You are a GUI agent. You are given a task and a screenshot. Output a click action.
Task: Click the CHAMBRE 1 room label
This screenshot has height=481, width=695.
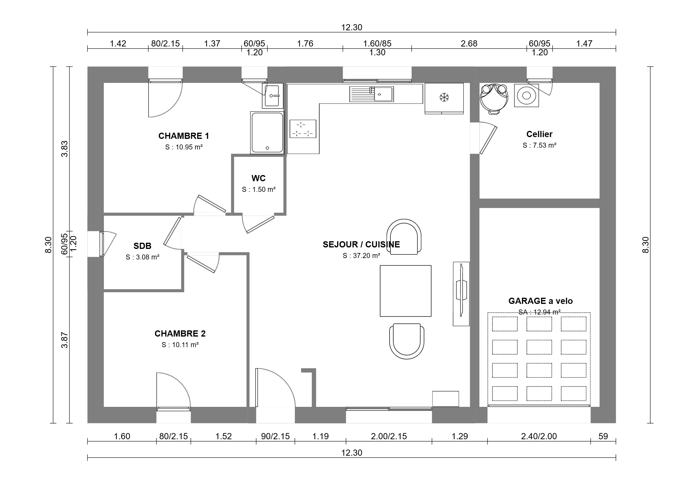(x=184, y=136)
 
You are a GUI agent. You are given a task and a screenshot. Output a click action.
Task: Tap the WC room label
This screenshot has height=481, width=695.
(x=259, y=178)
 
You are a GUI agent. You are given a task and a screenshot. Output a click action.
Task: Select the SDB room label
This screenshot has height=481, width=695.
(x=142, y=246)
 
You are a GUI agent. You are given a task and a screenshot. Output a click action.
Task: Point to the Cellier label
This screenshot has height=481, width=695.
(x=539, y=134)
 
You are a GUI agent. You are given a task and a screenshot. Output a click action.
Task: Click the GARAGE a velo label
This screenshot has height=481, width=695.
(x=541, y=301)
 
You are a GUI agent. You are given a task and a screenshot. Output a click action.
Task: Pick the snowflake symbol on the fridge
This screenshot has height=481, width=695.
(x=444, y=97)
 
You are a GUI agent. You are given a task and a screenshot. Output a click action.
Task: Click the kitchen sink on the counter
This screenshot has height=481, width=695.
(x=372, y=94)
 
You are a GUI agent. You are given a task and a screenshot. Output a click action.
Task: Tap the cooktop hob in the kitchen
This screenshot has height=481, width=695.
(x=303, y=129)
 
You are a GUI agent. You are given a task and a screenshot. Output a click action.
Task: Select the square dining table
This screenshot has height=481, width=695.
(x=405, y=291)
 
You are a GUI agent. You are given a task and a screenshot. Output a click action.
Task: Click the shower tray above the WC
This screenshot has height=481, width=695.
(x=267, y=133)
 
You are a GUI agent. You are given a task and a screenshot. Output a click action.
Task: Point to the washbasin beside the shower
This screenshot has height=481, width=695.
(x=272, y=96)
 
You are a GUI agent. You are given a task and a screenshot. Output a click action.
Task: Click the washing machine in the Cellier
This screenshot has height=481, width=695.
(x=526, y=96)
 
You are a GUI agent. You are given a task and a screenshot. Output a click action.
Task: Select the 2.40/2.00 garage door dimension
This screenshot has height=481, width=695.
(x=539, y=436)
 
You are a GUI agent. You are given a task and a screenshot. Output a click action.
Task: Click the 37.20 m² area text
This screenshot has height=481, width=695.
(x=361, y=256)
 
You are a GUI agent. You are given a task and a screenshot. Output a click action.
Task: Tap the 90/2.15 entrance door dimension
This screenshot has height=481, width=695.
(x=275, y=436)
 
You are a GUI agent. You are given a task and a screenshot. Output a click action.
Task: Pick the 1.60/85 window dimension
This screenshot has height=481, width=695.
(x=377, y=44)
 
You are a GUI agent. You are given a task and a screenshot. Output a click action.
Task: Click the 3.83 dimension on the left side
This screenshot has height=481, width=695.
(x=64, y=149)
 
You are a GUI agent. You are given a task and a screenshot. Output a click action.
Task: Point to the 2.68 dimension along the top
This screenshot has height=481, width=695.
(x=469, y=44)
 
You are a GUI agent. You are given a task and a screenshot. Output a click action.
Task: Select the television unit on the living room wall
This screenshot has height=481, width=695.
(x=461, y=294)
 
